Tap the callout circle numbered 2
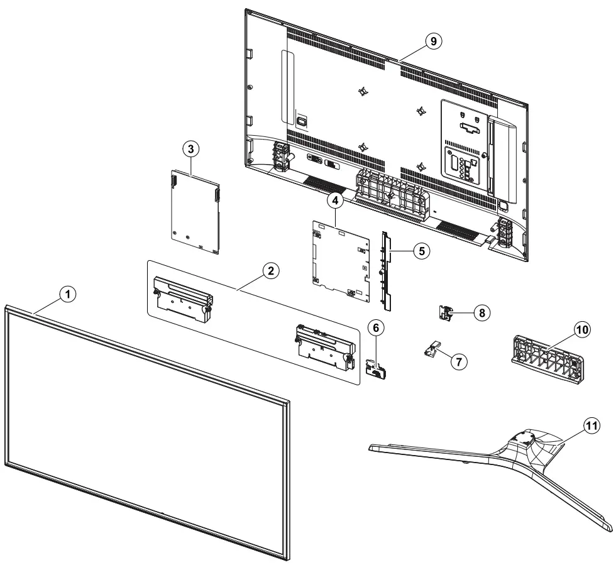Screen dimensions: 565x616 click(x=270, y=272)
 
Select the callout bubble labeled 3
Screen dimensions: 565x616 click(x=191, y=149)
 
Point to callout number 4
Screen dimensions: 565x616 click(x=335, y=200)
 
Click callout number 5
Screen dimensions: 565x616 click(x=421, y=250)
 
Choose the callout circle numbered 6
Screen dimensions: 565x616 click(x=375, y=328)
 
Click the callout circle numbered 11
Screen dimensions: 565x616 click(x=591, y=425)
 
